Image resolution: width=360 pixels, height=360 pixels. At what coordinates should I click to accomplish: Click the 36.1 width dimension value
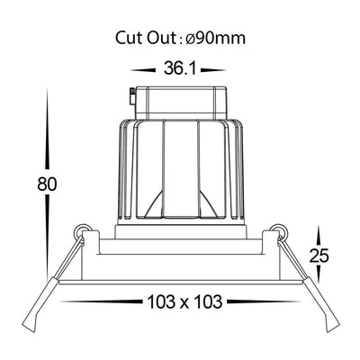180,68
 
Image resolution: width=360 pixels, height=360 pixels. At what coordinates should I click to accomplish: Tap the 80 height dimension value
47,184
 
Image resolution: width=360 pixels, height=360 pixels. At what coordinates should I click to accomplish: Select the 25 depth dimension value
319,256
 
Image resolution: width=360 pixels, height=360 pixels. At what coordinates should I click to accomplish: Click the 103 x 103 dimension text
184,301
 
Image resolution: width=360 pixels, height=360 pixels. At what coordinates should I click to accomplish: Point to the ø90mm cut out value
215,38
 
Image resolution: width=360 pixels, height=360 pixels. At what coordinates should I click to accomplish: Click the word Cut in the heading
130,38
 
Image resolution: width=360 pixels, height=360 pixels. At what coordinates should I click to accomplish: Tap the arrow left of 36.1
143,70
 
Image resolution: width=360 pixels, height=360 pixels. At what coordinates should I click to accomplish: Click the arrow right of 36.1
213,70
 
